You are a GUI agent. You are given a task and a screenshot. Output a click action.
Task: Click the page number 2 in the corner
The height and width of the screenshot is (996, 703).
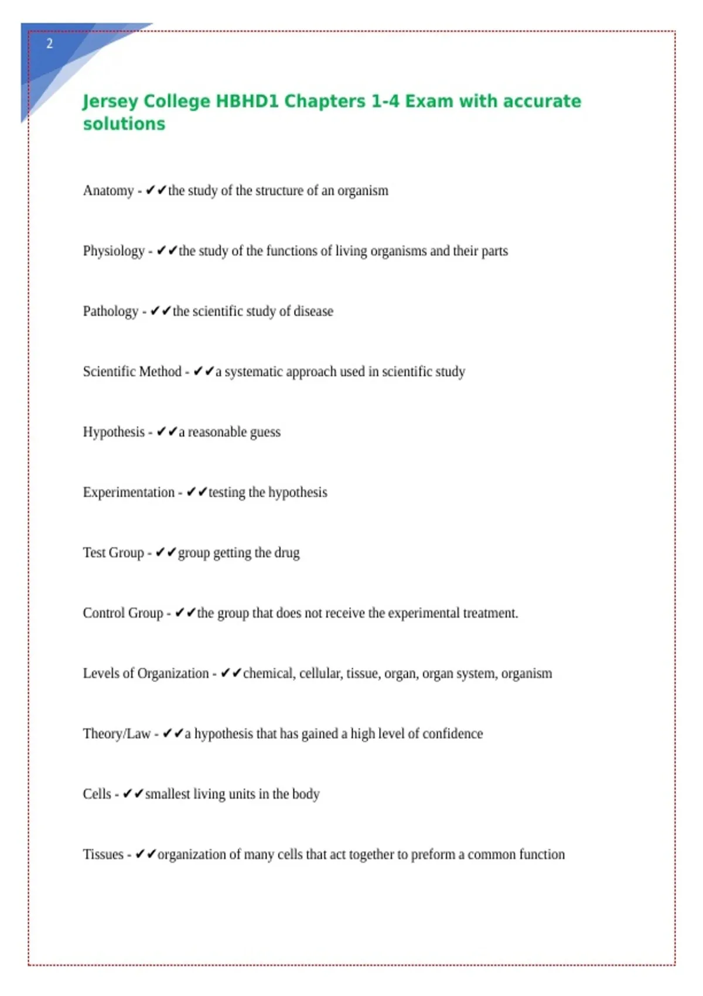(x=50, y=44)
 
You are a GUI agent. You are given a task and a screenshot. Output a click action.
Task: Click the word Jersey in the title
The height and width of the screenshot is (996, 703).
(x=110, y=101)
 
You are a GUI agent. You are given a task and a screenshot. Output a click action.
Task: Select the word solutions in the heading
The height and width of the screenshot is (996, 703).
(x=124, y=124)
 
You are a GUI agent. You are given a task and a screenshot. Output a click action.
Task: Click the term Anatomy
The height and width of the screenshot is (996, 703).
(x=108, y=191)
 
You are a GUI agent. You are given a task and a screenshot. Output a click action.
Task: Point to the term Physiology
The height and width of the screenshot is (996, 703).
(x=114, y=251)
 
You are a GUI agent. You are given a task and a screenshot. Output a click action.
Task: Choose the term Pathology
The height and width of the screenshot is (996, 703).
(x=111, y=312)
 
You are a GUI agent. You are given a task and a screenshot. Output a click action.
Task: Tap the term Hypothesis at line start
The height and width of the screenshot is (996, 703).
(x=114, y=432)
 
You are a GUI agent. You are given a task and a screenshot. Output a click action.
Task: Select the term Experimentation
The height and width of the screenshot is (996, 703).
(x=129, y=493)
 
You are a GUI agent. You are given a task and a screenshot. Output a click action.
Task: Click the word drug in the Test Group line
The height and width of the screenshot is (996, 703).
(x=287, y=553)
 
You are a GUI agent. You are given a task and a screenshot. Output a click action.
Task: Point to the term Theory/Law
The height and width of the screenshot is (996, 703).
(x=117, y=734)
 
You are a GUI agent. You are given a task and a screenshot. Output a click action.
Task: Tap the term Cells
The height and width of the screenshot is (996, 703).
(x=97, y=794)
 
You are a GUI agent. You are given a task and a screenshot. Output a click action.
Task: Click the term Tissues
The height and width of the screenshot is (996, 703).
(x=103, y=855)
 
